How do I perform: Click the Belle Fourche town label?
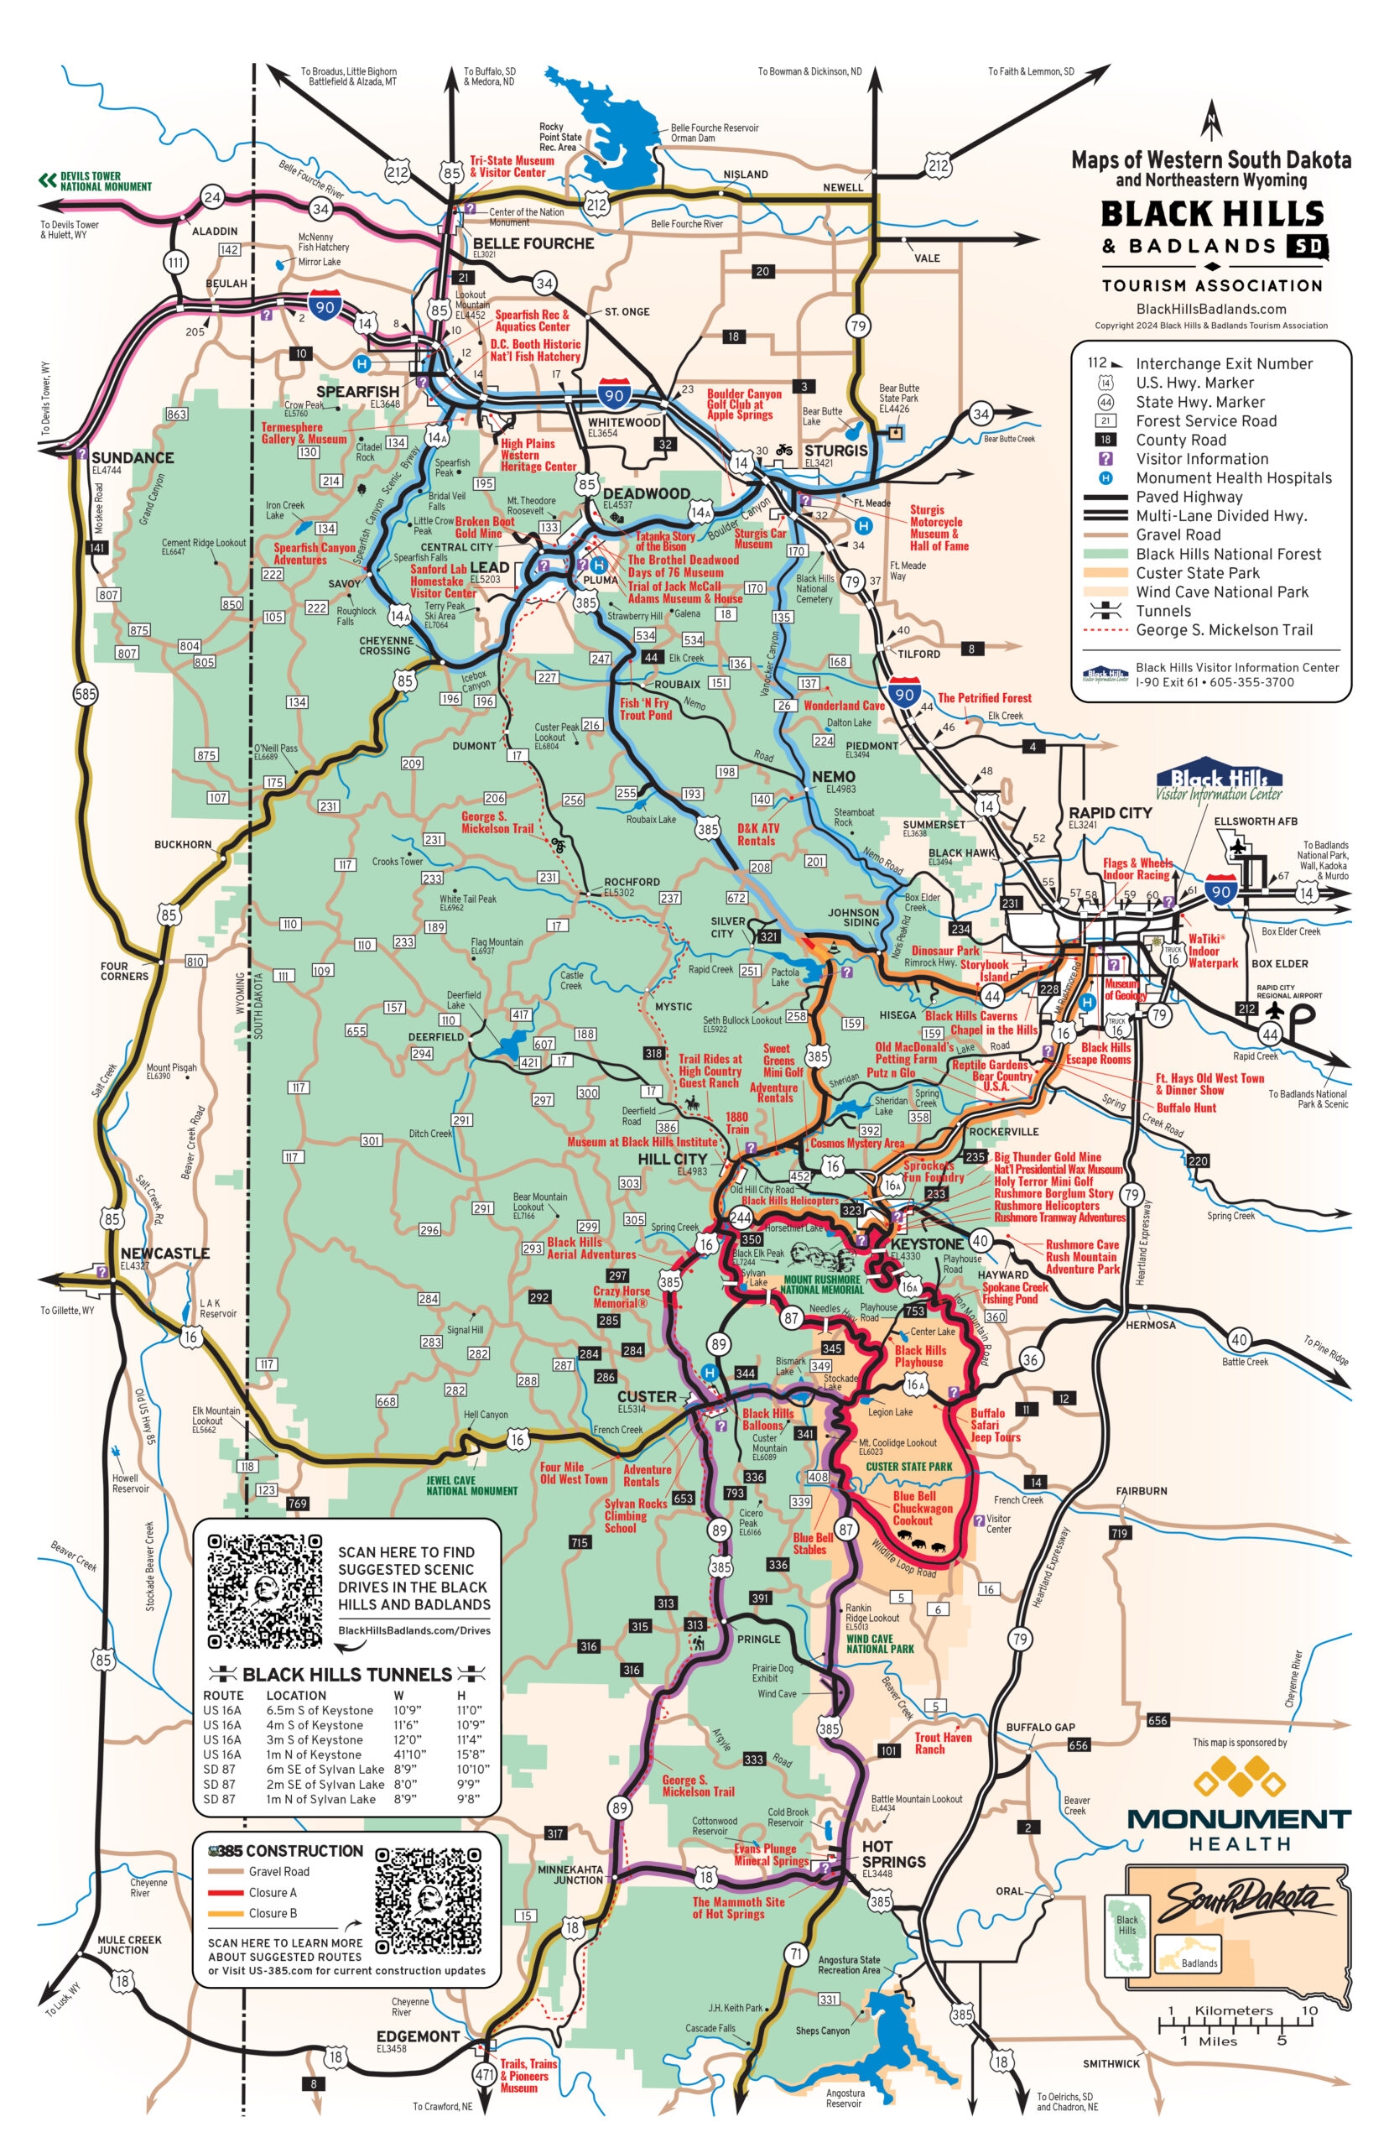coord(533,243)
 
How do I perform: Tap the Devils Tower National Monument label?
coord(105,181)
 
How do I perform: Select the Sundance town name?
coord(132,457)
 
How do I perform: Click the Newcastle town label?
coord(165,1253)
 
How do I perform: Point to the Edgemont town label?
coord(418,2036)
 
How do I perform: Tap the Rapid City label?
coord(1110,812)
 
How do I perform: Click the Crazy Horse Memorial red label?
coord(621,1296)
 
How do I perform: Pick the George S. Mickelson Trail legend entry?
coord(1224,629)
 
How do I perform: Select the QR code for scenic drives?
coord(264,1591)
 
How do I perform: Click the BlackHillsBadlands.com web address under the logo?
coord(1210,309)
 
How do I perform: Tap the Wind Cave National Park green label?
coord(879,1644)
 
